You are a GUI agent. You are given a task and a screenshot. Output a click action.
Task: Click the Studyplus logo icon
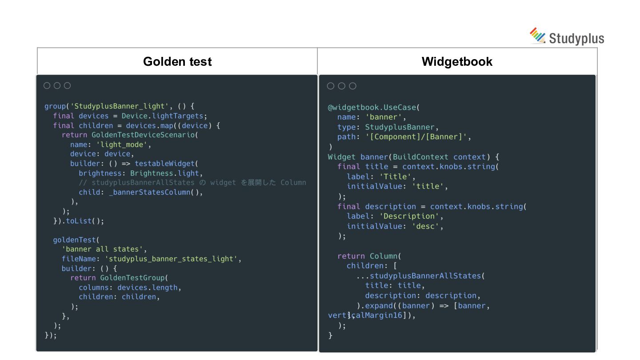coord(537,36)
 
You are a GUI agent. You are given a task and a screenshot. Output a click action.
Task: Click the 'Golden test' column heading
coord(177,61)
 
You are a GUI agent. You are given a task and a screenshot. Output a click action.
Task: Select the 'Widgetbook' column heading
coord(457,61)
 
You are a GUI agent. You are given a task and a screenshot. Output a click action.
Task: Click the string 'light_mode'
coord(126,144)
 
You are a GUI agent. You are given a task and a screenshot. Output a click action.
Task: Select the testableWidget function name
coord(164,164)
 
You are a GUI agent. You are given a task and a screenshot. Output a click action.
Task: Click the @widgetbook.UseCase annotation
coord(372,108)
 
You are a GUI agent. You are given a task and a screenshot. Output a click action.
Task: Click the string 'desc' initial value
coord(427,226)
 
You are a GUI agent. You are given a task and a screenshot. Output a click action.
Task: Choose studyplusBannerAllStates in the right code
coord(425,276)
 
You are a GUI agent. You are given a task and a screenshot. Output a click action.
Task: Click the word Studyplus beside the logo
coord(576,38)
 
